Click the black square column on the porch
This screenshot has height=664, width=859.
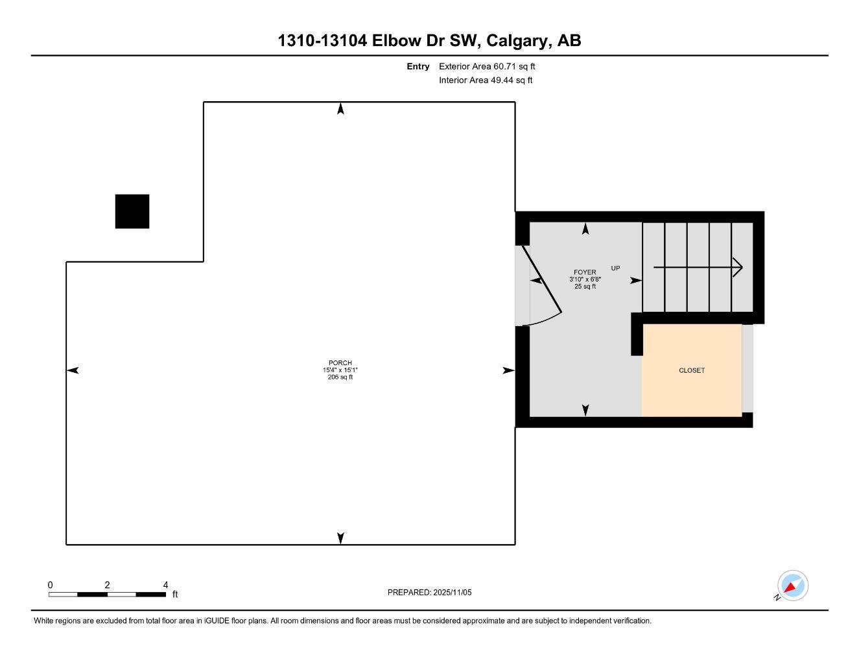[x=132, y=211]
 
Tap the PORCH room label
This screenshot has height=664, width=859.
[x=340, y=363]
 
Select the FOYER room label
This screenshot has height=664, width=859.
[x=585, y=272]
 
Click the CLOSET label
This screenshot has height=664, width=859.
[x=692, y=370]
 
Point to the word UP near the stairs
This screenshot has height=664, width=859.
[x=615, y=268]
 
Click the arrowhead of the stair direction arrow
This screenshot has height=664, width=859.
[x=738, y=267]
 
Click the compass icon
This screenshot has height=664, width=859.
[x=792, y=586]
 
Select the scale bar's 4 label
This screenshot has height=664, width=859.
[x=166, y=585]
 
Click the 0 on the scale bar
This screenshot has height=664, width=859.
[x=50, y=585]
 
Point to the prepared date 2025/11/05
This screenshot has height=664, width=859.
[x=429, y=592]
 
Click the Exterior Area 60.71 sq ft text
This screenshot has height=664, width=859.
[x=487, y=66]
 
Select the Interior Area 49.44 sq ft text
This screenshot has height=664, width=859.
[x=486, y=80]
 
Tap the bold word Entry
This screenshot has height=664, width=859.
[x=418, y=66]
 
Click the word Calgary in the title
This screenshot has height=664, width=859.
[x=516, y=41]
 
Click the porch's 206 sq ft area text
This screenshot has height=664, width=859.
[x=340, y=377]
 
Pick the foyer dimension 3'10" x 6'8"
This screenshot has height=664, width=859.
[x=585, y=279]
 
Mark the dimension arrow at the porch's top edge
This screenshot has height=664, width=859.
[x=340, y=109]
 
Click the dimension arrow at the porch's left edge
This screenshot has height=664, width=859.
[x=73, y=370]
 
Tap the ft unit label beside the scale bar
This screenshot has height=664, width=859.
[x=175, y=594]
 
